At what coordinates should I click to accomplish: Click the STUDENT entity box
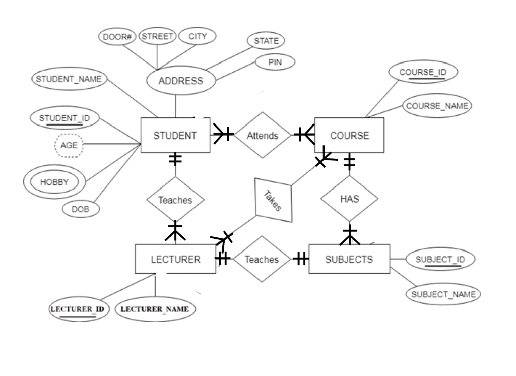click(175, 136)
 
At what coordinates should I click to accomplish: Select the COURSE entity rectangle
click(349, 136)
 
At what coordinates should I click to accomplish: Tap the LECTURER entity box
click(175, 260)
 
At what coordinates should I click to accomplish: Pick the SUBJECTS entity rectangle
click(349, 260)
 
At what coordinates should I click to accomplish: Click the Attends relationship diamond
click(263, 136)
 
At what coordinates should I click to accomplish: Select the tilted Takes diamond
click(274, 200)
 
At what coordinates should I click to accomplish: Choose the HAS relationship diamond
click(349, 199)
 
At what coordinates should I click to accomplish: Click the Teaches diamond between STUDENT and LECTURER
click(175, 200)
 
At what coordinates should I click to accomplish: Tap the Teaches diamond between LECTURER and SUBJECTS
click(262, 260)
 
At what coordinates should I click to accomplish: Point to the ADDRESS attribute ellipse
click(180, 81)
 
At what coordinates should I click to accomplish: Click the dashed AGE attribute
click(69, 145)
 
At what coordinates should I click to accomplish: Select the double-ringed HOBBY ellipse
click(54, 182)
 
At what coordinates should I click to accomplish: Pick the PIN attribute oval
click(275, 62)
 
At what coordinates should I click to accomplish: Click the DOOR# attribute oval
click(117, 37)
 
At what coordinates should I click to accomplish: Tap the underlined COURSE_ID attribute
click(423, 72)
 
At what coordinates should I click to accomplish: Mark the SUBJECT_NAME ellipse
click(443, 294)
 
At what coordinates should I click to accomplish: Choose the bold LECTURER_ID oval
click(79, 309)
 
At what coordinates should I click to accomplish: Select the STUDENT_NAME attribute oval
click(69, 79)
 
